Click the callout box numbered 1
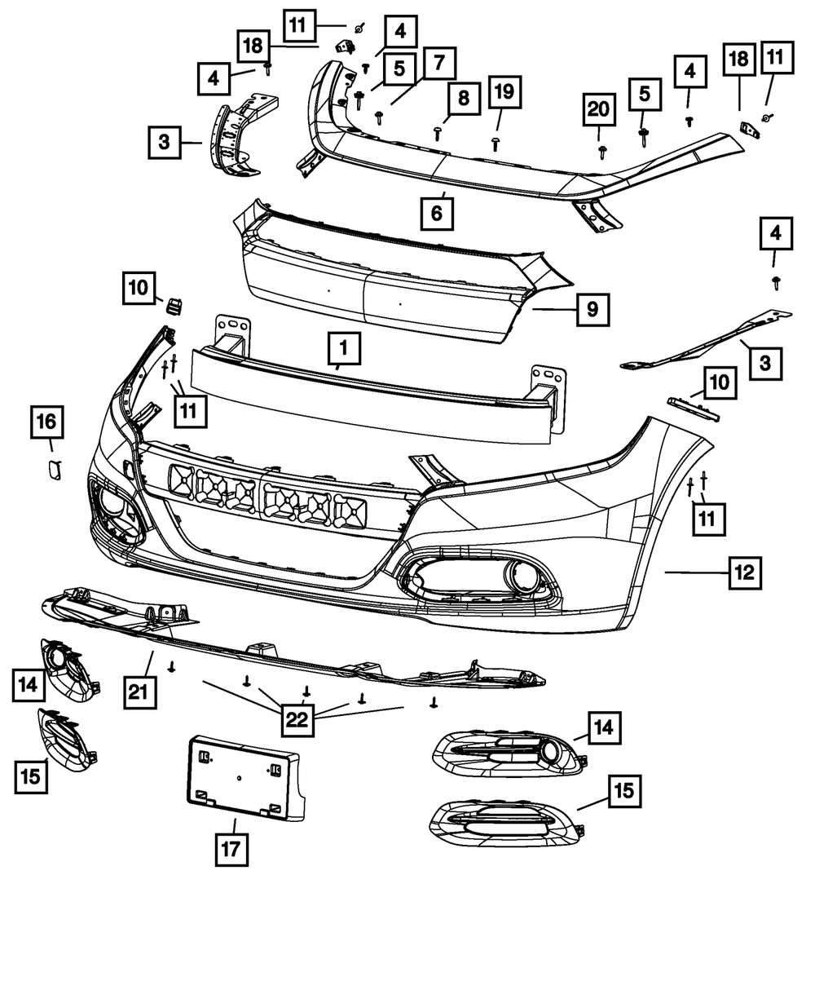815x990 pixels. (x=344, y=349)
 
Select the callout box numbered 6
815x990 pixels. (x=437, y=214)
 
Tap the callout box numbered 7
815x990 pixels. (x=438, y=63)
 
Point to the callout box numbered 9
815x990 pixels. (x=592, y=309)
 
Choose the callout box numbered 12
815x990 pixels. (x=744, y=572)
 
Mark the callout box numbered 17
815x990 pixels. (x=231, y=849)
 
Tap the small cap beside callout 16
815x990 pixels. (x=55, y=469)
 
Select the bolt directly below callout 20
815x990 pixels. (x=601, y=151)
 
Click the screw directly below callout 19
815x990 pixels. (x=496, y=144)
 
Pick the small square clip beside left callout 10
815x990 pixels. (x=174, y=306)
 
